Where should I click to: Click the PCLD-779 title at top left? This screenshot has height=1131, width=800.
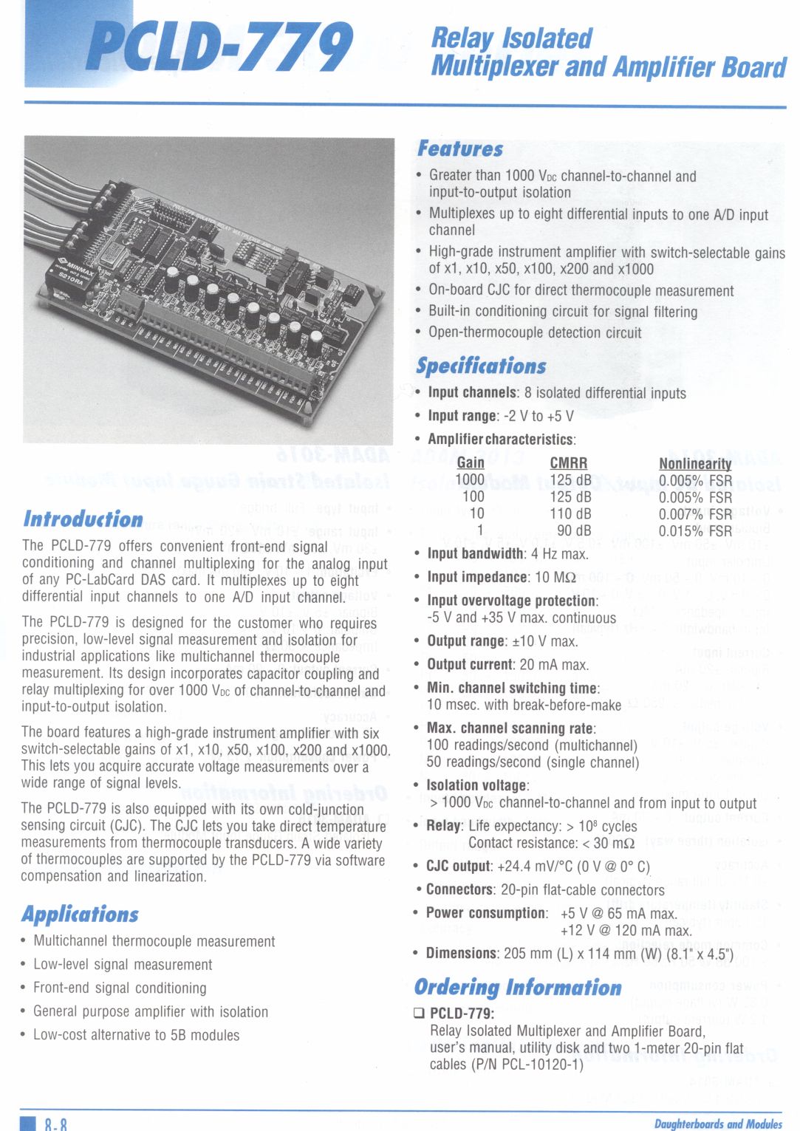point(219,47)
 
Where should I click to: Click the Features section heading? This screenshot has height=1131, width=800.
point(459,148)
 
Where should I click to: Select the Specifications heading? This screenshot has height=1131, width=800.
point(481,366)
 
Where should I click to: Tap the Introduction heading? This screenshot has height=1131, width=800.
point(83,519)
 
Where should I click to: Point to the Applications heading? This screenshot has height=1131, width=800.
point(80,914)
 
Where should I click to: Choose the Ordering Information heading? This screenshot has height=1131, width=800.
point(518,987)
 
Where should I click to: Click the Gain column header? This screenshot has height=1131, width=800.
point(471,463)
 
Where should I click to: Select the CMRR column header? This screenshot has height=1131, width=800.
point(569,463)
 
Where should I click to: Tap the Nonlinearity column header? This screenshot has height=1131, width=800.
point(695,464)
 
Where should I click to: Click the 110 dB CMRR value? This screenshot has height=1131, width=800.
point(570,513)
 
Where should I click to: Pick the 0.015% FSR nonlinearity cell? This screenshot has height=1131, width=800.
point(695,530)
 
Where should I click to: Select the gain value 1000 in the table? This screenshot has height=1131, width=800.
point(470,480)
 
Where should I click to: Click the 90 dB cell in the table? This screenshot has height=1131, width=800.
point(574,530)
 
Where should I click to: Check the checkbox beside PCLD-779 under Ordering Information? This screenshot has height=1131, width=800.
point(420,1013)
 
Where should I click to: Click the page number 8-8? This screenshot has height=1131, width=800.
point(55,1124)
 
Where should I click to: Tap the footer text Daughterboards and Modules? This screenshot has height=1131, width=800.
point(717,1124)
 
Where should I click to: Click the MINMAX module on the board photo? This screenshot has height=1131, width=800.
point(75,274)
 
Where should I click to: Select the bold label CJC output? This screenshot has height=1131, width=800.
point(458,866)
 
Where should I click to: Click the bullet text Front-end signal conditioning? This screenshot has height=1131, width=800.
point(120,988)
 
